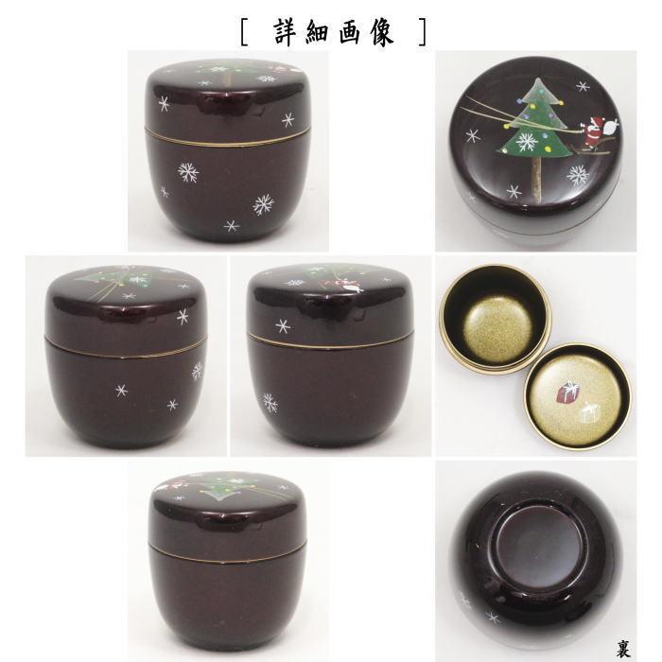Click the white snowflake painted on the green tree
click(x=526, y=141)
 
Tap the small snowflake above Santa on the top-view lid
click(x=583, y=87)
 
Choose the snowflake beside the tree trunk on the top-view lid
click(x=513, y=191)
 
